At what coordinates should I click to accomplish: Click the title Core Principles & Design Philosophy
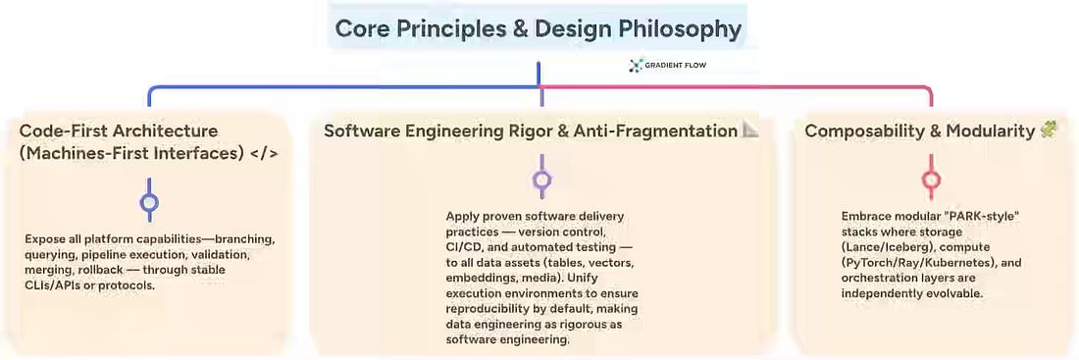point(539,29)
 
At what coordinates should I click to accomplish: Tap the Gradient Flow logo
point(667,66)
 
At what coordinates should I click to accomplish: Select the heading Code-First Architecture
point(119,130)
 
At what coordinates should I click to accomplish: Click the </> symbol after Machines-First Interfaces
point(264,153)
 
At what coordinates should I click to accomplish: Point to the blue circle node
point(149,203)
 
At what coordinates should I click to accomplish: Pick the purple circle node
point(542,180)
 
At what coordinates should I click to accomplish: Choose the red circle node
point(931,180)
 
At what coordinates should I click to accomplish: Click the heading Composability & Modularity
point(920,130)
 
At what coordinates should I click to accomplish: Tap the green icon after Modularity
point(1049,129)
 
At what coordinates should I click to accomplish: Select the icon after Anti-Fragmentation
point(750,129)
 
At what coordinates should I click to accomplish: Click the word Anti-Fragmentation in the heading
point(655,130)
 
